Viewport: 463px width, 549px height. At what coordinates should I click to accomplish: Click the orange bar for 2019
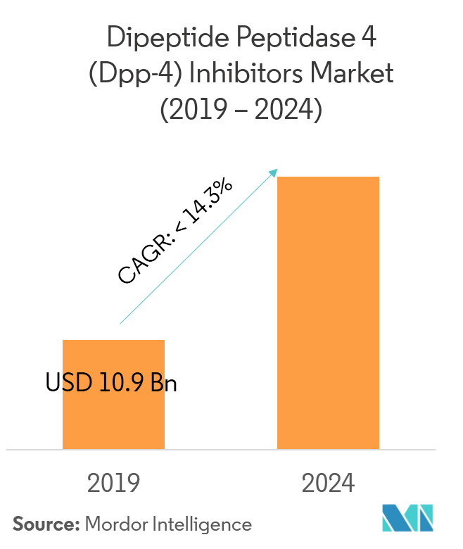(113, 415)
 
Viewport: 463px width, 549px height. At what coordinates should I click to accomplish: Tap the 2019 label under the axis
(114, 484)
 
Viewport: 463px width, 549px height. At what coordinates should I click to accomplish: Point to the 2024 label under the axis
(328, 484)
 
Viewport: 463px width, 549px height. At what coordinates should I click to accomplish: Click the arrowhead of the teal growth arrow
(274, 172)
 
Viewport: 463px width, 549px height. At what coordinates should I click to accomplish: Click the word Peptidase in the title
(280, 38)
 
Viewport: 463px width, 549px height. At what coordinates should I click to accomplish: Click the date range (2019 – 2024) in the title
(231, 109)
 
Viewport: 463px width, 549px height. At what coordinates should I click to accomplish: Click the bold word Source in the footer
(44, 524)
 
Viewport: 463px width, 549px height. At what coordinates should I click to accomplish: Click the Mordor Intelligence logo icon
(407, 518)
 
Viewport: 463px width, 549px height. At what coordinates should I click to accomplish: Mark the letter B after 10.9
(157, 384)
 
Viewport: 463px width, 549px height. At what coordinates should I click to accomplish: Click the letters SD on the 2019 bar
(73, 384)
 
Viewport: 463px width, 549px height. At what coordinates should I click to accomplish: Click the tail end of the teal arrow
(121, 323)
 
